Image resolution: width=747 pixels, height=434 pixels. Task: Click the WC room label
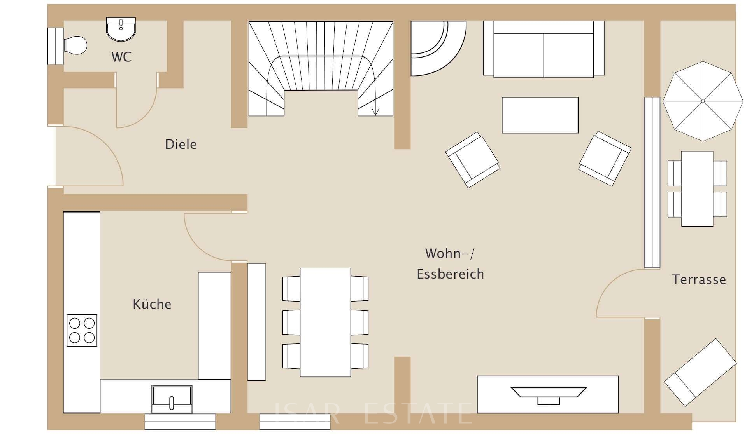pyautogui.click(x=121, y=57)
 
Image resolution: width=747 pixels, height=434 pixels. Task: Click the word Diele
pyautogui.click(x=181, y=145)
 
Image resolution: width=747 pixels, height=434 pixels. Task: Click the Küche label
pyautogui.click(x=152, y=304)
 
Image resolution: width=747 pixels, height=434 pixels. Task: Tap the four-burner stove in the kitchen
pyautogui.click(x=82, y=330)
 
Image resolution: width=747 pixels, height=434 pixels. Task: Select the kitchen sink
pyautogui.click(x=172, y=399)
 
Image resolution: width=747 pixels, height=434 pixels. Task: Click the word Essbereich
pyautogui.click(x=450, y=274)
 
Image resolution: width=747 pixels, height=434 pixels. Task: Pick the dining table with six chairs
pyautogui.click(x=325, y=322)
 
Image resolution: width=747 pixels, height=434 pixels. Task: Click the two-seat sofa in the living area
pyautogui.click(x=544, y=50)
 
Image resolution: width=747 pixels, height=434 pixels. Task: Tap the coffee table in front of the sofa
pyautogui.click(x=540, y=115)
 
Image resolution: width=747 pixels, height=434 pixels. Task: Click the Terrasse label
pyautogui.click(x=699, y=280)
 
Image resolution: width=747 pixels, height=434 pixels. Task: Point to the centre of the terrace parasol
pyautogui.click(x=703, y=101)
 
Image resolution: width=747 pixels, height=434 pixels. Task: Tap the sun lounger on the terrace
pyautogui.click(x=700, y=372)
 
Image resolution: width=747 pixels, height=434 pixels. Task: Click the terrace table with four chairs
pyautogui.click(x=697, y=188)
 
